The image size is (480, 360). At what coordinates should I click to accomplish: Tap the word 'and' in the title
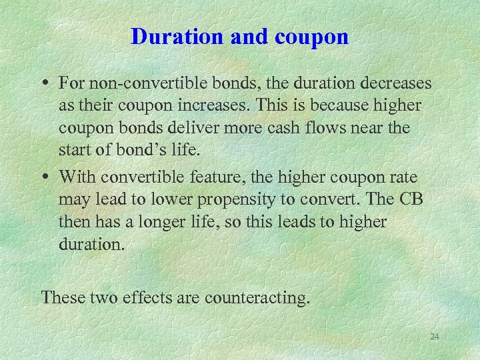coord(244,37)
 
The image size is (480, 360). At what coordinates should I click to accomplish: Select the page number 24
coord(435,337)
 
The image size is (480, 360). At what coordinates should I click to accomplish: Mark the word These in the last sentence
coord(61,297)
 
